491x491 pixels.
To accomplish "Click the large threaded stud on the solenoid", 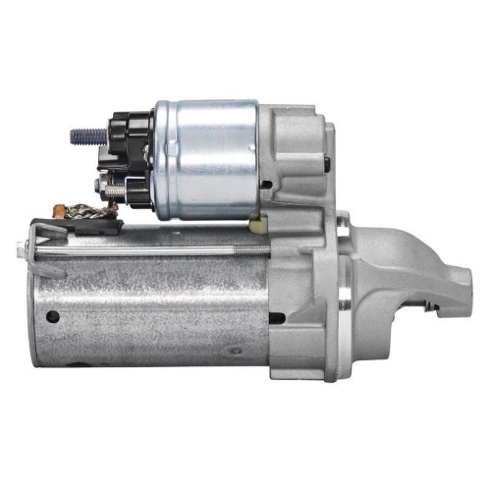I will pos(82,133).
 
